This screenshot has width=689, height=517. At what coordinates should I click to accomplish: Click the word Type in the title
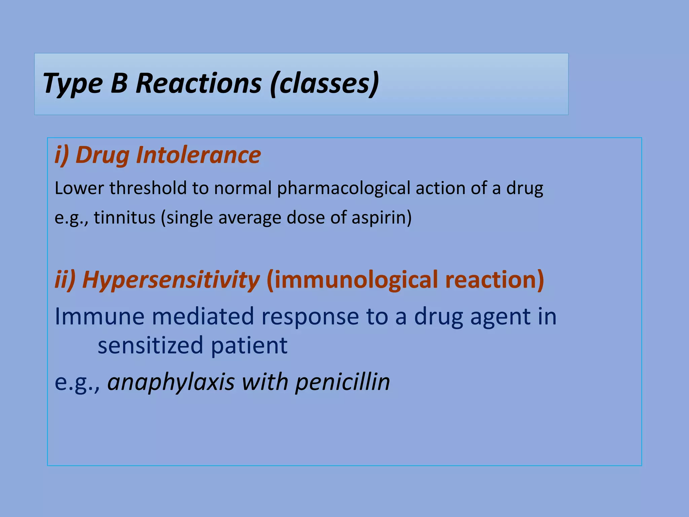click(73, 84)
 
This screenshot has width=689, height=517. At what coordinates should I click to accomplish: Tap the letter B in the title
click(119, 83)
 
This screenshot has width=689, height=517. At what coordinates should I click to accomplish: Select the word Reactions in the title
click(198, 83)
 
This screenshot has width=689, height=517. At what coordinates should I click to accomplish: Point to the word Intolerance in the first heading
click(198, 155)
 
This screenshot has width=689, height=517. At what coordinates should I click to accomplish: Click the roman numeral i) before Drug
click(62, 155)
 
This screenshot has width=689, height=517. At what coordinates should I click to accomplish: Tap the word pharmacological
click(343, 188)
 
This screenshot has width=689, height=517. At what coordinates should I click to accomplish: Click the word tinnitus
click(124, 217)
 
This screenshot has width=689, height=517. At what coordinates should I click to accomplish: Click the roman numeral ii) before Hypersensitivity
click(65, 280)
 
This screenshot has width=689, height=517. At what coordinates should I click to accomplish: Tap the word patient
click(249, 346)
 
